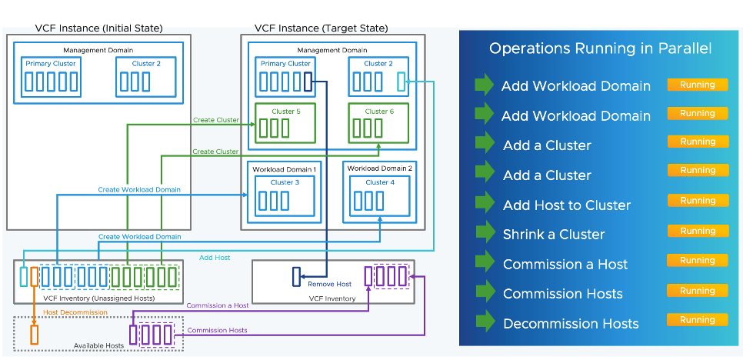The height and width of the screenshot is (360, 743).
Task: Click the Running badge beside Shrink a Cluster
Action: coord(698,231)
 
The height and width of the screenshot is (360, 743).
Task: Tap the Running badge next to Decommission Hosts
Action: coord(698,320)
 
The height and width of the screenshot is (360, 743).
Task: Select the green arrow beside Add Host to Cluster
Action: coord(484,203)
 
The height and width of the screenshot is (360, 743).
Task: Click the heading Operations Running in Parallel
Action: coord(600,49)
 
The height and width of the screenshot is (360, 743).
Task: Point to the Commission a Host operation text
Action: coord(565,265)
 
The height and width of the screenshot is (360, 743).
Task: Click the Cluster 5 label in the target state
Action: coord(285,112)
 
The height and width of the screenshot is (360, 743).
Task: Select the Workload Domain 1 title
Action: coord(285,169)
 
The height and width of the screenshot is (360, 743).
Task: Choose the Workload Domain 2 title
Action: coord(379,168)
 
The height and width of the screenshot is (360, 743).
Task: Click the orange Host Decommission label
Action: coord(75,312)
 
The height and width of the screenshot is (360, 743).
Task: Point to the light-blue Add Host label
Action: coord(215,258)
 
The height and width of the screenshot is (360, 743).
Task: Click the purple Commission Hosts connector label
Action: coord(218,330)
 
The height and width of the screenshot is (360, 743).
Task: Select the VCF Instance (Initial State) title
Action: coord(98,28)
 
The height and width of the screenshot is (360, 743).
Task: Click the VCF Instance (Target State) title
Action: coord(321,28)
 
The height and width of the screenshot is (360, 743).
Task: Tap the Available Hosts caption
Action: coord(98,346)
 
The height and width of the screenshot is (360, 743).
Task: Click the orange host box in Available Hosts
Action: coord(34,335)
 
